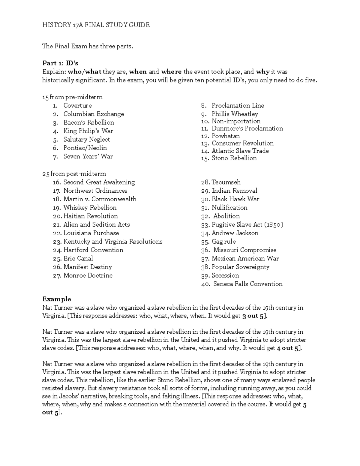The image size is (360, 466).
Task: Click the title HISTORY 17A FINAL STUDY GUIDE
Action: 96,25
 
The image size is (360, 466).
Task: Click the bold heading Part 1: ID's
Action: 60,63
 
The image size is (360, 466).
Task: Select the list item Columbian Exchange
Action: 93,114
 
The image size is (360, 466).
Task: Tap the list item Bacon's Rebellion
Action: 88,122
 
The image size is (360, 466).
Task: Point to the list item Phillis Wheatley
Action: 235,114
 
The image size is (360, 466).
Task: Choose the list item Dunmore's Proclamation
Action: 247,128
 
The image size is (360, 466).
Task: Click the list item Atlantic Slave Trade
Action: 240,151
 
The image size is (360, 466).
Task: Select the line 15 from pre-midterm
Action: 72,97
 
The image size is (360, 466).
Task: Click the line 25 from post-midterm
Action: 74,174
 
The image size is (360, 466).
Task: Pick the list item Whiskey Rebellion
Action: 90,208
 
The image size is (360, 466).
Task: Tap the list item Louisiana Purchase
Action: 91,233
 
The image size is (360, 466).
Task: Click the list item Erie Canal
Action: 78,258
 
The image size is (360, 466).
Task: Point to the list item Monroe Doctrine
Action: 88,275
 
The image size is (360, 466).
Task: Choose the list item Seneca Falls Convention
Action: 247,284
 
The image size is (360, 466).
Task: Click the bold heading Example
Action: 56,299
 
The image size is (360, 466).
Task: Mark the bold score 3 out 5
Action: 253,316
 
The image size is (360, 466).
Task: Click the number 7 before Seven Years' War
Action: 55,157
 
